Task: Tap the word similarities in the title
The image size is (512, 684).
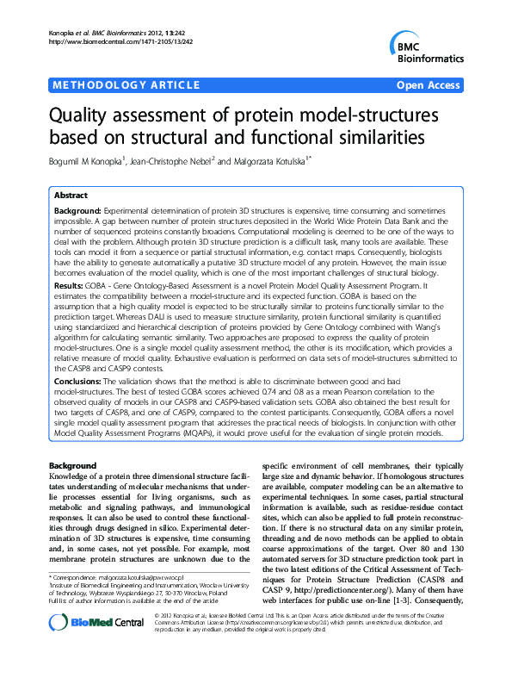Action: pyautogui.click(x=362, y=137)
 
